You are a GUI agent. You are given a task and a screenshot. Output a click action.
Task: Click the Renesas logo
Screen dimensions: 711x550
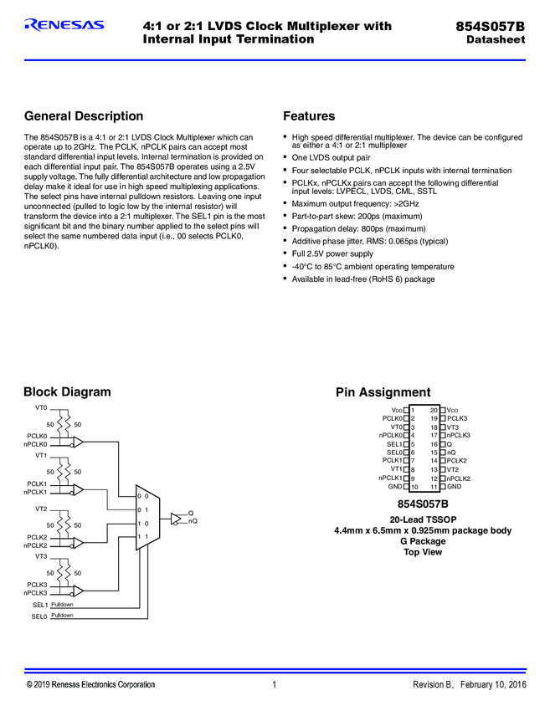point(64,25)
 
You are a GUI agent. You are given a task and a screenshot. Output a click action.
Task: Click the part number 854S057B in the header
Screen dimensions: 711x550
point(491,26)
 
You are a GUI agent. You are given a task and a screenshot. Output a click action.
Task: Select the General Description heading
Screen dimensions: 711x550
point(84,116)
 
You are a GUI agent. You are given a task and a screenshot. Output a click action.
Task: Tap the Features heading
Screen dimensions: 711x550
point(309,116)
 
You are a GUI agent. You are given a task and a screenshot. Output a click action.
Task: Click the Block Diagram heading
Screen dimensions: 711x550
point(67,391)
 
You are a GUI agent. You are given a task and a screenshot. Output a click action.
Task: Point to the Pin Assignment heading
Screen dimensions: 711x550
point(383,392)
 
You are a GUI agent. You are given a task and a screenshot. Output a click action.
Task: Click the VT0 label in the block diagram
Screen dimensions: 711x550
point(41,407)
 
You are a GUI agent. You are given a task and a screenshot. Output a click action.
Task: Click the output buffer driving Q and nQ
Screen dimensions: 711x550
point(176,518)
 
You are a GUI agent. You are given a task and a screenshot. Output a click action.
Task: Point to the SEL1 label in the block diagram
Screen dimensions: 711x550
point(40,604)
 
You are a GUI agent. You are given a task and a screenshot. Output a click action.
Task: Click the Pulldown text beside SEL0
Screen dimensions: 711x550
point(62,616)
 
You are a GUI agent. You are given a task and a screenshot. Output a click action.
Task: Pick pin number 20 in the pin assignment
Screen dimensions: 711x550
point(434,410)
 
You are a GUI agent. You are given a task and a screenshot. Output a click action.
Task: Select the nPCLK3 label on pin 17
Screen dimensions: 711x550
point(459,435)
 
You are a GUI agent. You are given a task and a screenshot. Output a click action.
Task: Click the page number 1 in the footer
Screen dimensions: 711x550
point(275,685)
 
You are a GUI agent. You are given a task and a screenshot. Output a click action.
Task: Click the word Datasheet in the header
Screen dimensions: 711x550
point(496,40)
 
